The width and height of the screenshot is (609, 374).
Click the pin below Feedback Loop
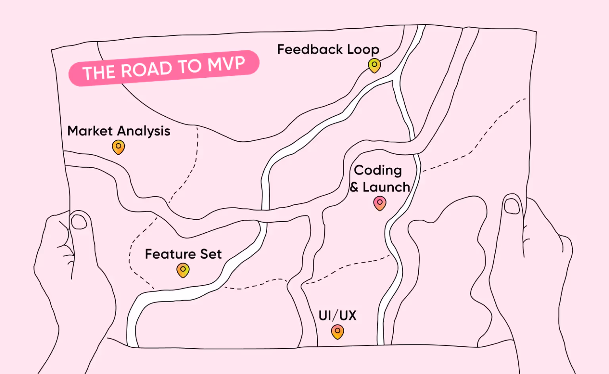click(x=374, y=65)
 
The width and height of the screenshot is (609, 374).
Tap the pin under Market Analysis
click(x=118, y=147)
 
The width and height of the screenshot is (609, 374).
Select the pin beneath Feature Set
click(x=183, y=270)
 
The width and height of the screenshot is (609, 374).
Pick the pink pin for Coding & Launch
click(x=380, y=203)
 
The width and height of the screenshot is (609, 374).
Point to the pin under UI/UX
click(x=337, y=331)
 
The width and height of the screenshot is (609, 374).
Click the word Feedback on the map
click(x=310, y=50)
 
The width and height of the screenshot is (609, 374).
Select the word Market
click(x=90, y=131)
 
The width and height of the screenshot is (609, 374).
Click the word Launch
click(x=386, y=187)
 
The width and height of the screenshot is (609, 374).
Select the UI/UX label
click(x=337, y=316)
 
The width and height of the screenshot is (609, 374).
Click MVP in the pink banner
click(x=227, y=64)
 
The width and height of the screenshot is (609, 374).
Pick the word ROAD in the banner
click(x=146, y=70)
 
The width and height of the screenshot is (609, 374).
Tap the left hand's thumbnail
click(x=79, y=221)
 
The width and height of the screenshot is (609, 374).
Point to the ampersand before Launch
click(x=354, y=187)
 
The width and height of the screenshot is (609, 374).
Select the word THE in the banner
click(x=99, y=73)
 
